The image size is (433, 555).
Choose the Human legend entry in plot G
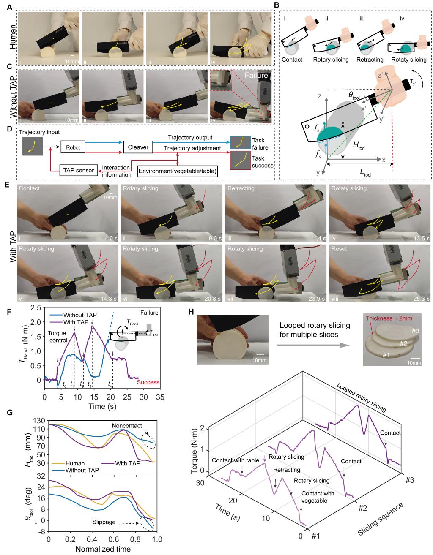(65, 462)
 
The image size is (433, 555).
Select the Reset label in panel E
(340, 249)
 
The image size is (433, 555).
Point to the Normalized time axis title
(102, 549)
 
